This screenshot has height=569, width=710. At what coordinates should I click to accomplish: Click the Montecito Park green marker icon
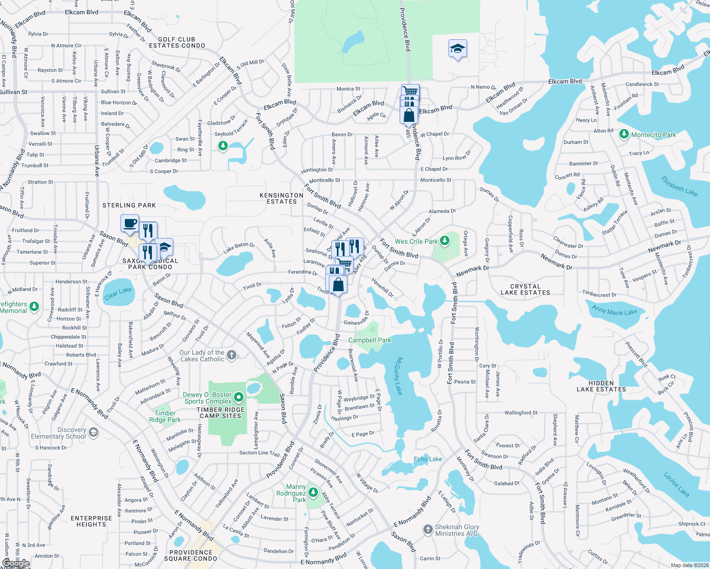coord(624,135)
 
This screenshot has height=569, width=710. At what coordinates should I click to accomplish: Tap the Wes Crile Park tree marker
coord(444,241)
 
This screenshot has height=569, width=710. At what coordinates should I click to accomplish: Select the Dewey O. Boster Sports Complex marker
coord(239,397)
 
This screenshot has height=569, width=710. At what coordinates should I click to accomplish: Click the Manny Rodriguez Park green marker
coord(313,493)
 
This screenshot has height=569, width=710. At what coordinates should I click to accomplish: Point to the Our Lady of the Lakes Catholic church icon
coord(232,355)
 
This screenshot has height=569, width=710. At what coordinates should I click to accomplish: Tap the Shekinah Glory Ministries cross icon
coord(428,529)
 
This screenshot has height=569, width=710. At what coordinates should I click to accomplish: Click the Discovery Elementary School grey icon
coord(93,432)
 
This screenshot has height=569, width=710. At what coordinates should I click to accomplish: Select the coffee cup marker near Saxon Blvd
coord(130,223)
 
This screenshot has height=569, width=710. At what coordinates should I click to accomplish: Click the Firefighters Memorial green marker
coord(34,307)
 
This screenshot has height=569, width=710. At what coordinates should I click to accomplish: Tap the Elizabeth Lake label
coord(679,186)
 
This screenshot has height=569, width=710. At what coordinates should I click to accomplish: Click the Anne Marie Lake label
coord(614,311)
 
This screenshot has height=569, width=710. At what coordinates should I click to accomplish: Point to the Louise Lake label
coord(676,484)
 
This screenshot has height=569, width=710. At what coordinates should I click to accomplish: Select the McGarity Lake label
coord(398,376)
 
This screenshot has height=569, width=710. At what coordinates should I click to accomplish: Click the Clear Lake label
coord(118,293)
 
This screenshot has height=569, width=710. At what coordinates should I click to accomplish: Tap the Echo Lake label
coord(428,459)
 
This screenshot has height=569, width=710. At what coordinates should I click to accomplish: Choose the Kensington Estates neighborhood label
coord(281,198)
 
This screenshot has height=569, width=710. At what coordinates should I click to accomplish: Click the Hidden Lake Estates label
coord(601,386)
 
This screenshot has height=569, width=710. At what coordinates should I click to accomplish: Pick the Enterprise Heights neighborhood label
coord(91,521)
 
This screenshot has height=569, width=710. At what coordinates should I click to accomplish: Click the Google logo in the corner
coord(16,563)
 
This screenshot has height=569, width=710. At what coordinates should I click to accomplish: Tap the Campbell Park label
coord(370,340)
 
